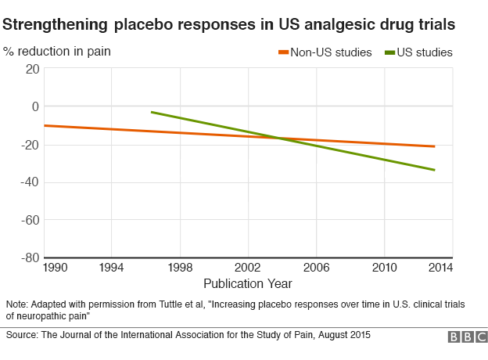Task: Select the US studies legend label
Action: tap(425, 52)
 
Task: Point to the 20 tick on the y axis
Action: tap(32, 68)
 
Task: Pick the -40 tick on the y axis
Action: tap(30, 182)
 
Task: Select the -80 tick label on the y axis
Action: tap(30, 257)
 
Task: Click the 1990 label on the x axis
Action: tap(56, 268)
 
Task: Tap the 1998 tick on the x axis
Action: tap(180, 268)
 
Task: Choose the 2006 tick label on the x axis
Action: tap(316, 268)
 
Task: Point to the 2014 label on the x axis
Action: tap(440, 268)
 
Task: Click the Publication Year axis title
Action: tap(248, 283)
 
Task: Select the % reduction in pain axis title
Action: tap(57, 52)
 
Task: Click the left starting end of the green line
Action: tap(152, 112)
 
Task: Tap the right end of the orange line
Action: tap(434, 146)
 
